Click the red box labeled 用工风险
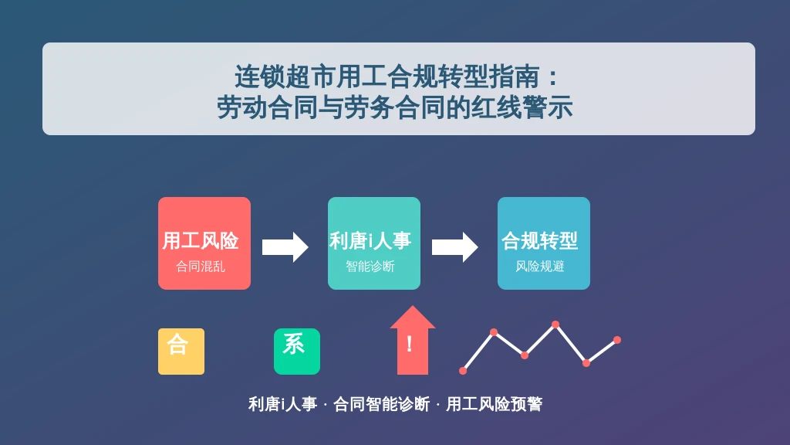click(204, 243)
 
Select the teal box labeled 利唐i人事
click(374, 243)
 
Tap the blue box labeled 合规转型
click(544, 243)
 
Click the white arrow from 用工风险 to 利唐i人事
click(285, 247)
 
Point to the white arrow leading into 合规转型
click(455, 247)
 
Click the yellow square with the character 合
click(181, 352)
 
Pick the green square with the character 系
click(297, 352)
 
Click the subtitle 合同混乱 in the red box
click(201, 267)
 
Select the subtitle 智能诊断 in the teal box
click(370, 267)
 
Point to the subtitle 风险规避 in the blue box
click(539, 267)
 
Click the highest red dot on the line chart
click(555, 324)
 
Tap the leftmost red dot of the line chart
click(463, 371)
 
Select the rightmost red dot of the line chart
click(617, 340)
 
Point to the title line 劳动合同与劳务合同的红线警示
click(395, 107)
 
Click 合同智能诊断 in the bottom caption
click(381, 404)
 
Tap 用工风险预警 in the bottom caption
click(495, 404)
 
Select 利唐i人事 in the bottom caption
click(282, 404)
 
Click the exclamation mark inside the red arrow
click(410, 344)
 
